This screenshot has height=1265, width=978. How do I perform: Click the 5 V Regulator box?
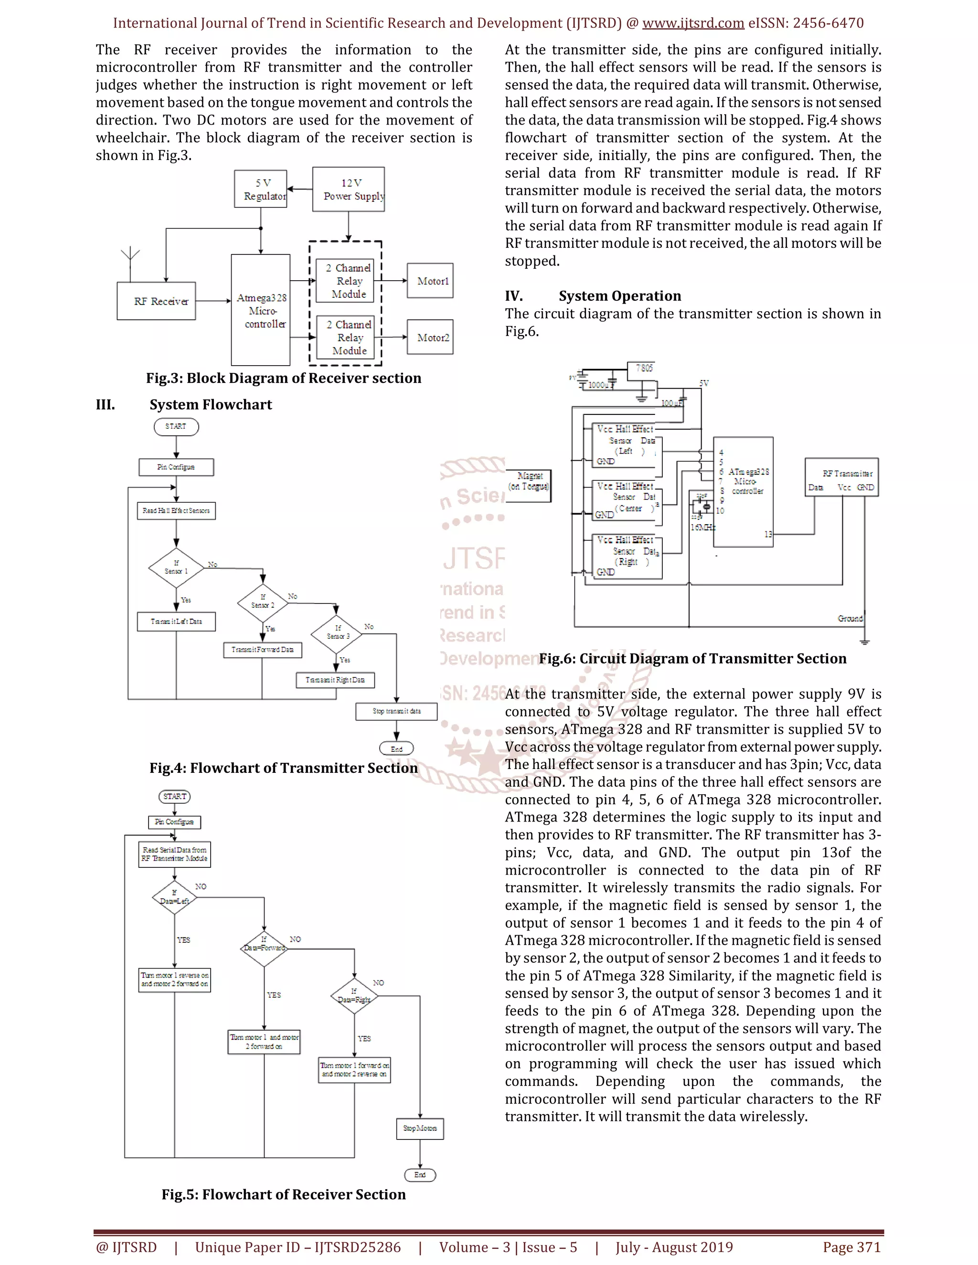point(261,189)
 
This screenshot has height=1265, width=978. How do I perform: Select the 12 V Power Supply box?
point(348,190)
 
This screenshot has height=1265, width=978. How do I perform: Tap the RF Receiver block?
point(157,301)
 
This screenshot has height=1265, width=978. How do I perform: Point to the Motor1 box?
point(430,281)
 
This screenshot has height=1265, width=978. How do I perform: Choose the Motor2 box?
point(430,337)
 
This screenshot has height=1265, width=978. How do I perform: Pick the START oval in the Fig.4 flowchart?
point(176,427)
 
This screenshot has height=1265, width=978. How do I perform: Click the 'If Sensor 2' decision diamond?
point(263,602)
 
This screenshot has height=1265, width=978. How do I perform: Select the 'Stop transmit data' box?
point(396,711)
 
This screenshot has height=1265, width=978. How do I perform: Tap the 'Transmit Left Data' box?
point(176,622)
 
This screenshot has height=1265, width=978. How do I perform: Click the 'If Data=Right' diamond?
point(354,996)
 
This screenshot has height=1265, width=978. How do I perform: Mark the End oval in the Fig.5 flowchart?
point(420,1175)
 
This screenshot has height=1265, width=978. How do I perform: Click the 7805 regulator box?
point(643,369)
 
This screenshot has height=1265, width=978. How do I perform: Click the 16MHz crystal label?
point(702,527)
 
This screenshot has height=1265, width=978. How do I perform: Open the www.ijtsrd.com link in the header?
point(693,23)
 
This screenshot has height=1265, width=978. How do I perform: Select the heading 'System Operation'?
point(619,296)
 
